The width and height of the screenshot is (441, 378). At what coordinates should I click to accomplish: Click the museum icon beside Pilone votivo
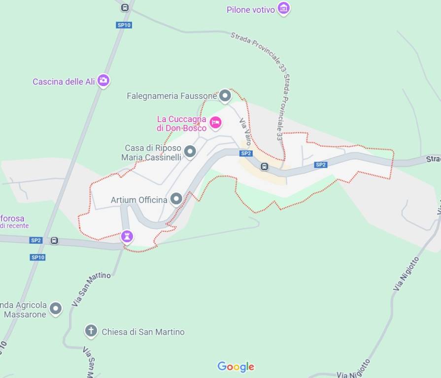click(283, 8)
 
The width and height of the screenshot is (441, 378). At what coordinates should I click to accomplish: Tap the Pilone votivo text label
click(251, 10)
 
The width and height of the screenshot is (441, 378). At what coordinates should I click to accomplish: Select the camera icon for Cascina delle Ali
click(103, 80)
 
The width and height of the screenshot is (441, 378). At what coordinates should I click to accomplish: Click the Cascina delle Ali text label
click(64, 82)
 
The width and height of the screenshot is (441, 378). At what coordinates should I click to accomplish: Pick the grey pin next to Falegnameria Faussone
click(225, 95)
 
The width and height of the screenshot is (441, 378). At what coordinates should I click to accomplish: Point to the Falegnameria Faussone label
click(171, 96)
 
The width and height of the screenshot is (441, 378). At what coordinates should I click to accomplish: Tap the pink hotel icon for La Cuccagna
click(215, 122)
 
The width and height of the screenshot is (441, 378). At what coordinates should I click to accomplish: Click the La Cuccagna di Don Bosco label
click(181, 124)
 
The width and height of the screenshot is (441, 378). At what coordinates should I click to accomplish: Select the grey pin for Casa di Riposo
click(190, 151)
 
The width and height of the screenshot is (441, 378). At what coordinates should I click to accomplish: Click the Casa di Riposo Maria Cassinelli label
click(152, 153)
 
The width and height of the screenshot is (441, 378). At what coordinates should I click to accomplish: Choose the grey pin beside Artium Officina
click(176, 199)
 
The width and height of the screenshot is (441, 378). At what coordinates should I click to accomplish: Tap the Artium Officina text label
click(139, 200)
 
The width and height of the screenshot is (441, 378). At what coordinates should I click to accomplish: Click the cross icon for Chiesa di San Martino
click(91, 331)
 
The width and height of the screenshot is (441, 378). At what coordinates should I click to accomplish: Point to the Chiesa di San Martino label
click(143, 332)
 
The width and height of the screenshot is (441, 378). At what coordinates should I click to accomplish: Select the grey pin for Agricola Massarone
click(56, 309)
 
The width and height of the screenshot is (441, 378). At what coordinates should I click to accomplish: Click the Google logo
click(236, 367)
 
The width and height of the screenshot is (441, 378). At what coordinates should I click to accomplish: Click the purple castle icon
click(127, 237)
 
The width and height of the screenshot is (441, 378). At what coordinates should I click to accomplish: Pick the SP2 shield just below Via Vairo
click(246, 154)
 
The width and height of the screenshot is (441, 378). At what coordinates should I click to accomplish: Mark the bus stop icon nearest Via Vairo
click(265, 166)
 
